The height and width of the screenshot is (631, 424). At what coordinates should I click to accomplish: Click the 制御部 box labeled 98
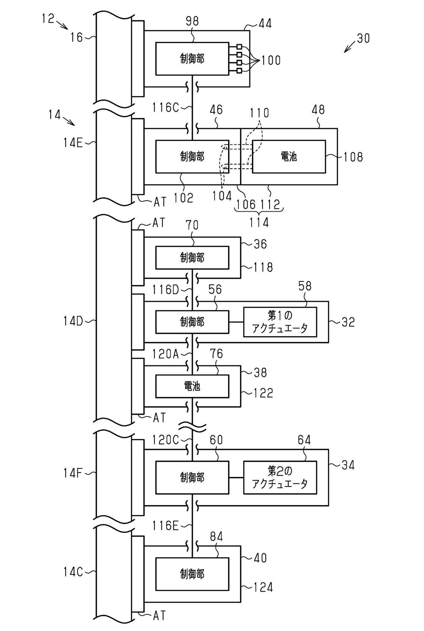click(x=192, y=59)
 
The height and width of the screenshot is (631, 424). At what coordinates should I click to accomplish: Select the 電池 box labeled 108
click(x=289, y=157)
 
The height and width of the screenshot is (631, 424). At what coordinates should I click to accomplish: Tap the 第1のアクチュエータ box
click(x=280, y=322)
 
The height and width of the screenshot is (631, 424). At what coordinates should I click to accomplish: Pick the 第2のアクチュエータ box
click(x=280, y=478)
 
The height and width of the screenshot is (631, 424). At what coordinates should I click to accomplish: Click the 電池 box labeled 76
click(x=192, y=386)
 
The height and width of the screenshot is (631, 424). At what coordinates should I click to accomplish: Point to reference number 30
click(x=363, y=38)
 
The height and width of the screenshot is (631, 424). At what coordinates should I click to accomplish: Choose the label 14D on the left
click(x=73, y=321)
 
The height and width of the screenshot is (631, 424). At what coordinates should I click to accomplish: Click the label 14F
click(x=73, y=473)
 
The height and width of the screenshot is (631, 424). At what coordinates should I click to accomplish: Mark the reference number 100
click(x=271, y=60)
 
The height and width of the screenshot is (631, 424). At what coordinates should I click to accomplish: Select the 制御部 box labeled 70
click(x=192, y=258)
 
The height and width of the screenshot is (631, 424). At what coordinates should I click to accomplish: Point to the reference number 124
click(x=263, y=588)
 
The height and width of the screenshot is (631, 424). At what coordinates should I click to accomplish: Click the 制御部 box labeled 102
click(x=192, y=157)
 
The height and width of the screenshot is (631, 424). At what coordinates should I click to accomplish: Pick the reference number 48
click(x=318, y=110)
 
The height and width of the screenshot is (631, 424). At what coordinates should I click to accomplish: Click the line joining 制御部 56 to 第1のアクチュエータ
click(x=236, y=322)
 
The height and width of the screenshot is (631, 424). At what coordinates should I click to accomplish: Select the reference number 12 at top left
click(x=48, y=18)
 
